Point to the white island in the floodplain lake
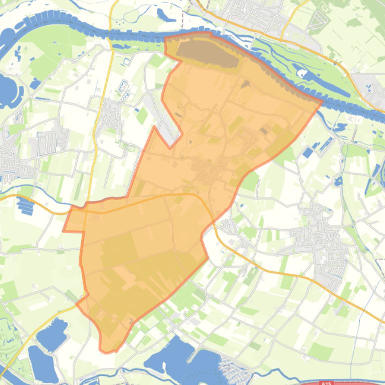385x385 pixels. coord(301,73)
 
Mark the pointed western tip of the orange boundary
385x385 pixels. coord(64,230)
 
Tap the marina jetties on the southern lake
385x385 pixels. coord(233,367)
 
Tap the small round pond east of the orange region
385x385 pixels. coord(338,180)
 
